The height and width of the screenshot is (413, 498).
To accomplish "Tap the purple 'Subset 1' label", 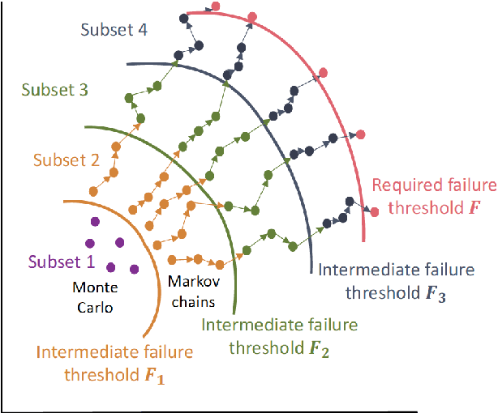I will pyautogui.click(x=62, y=262).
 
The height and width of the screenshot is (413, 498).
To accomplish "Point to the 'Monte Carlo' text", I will pyautogui.click(x=95, y=296).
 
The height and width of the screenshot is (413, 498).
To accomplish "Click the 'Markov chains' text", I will pyautogui.click(x=191, y=292).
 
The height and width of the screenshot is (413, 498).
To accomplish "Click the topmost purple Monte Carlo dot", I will pyautogui.click(x=95, y=221).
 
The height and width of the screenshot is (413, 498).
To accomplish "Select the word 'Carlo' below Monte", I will pyautogui.click(x=95, y=308).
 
